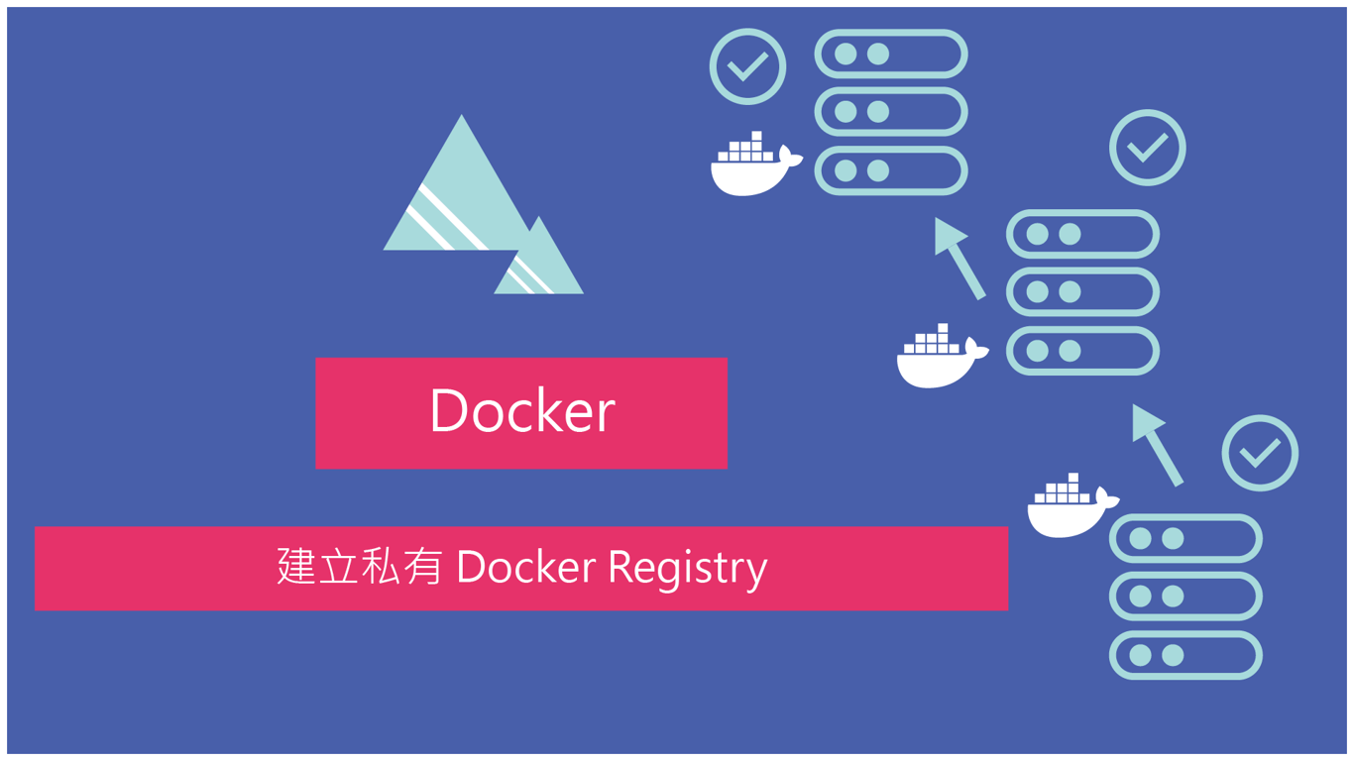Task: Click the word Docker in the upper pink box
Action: pos(522,411)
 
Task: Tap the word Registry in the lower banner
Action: pos(687,568)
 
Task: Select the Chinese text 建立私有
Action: pos(359,566)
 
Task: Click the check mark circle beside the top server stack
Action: pos(747,66)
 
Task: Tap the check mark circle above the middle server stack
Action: pos(1147,148)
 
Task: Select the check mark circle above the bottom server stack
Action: pos(1260,453)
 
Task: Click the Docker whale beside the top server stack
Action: pos(755,164)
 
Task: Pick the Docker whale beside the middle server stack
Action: pos(942,357)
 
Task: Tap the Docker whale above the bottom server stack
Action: pos(1072,506)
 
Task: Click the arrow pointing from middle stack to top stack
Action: pos(959,258)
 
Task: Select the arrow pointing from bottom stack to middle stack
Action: pos(1157,445)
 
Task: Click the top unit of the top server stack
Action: pos(890,54)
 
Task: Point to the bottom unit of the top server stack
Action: pos(890,170)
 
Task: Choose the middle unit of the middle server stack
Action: pos(1082,292)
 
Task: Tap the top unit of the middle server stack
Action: pos(1082,234)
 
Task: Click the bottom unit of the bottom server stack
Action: pos(1185,655)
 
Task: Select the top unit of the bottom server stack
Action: pos(1185,539)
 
